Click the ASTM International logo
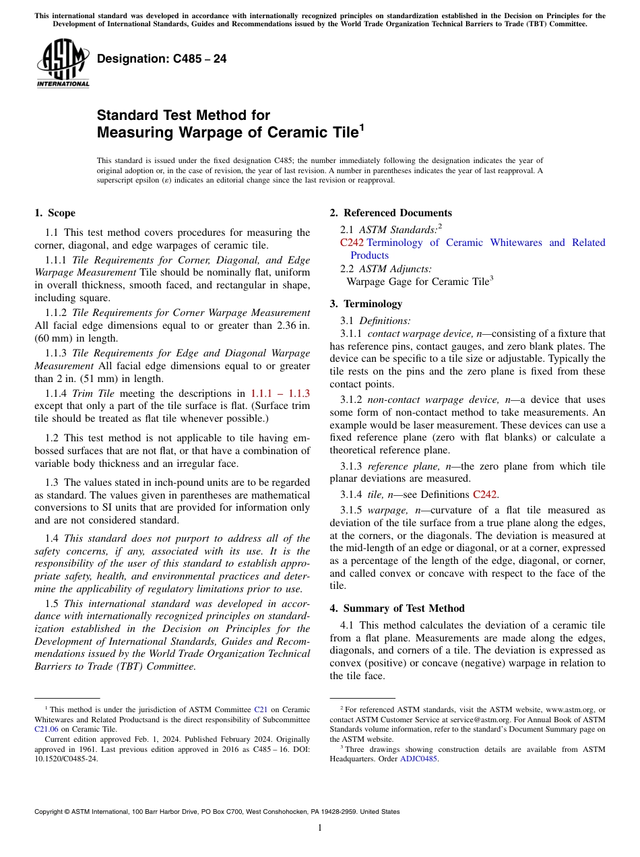(63, 64)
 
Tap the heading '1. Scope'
(55, 214)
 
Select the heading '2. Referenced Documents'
(391, 214)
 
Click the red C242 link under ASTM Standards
(352, 243)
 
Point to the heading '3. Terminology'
(366, 304)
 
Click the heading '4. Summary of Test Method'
(397, 608)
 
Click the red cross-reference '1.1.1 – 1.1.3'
(280, 393)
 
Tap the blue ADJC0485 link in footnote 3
(418, 759)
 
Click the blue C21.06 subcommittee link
(46, 728)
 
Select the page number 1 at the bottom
(320, 828)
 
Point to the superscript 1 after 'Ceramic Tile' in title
(362, 126)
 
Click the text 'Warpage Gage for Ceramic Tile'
(417, 282)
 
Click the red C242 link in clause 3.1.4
(486, 495)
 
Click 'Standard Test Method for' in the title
(183, 115)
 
